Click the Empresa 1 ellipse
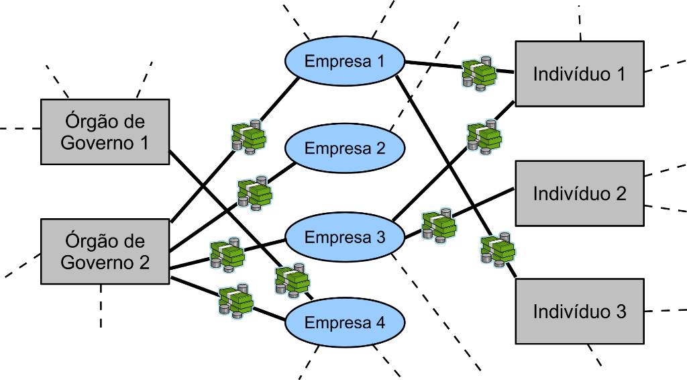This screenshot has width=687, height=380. point(345,61)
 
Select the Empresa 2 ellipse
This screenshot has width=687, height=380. point(345,148)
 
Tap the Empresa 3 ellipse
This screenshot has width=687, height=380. point(345,237)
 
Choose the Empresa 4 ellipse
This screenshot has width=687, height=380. point(345,323)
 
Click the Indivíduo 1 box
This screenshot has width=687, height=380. point(579,74)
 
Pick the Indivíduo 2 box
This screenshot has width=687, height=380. point(579,193)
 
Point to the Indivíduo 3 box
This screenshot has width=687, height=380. point(579,312)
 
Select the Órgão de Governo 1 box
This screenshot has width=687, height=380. point(105,132)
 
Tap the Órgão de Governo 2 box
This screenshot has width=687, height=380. point(105,252)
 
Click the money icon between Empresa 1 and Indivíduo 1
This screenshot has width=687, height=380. point(479,73)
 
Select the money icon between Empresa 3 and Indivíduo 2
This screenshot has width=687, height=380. point(439,225)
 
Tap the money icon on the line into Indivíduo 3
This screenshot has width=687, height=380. point(498,250)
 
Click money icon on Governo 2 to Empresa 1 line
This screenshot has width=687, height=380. point(248,137)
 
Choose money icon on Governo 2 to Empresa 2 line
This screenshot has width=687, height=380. point(254,193)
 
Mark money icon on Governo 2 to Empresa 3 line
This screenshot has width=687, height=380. point(226,254)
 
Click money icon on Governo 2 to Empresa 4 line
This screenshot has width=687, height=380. point(236,300)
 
